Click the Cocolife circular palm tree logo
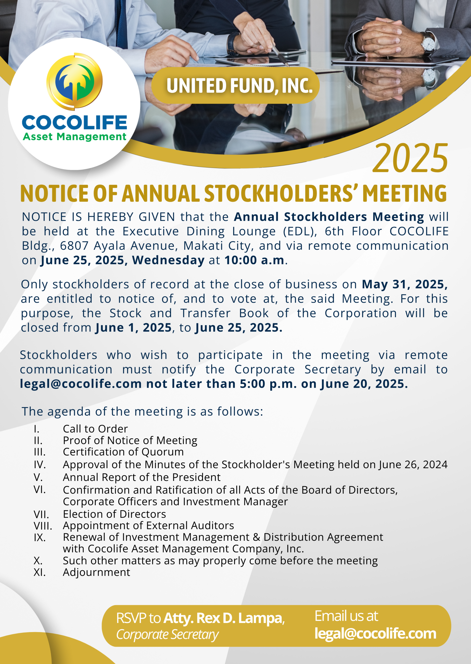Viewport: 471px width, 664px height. pos(74,81)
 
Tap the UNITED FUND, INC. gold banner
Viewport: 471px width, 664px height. pos(235,86)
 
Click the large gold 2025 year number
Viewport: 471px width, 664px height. pos(410,158)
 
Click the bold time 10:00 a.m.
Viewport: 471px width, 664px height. pos(254,260)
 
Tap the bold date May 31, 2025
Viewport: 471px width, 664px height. pos(405,284)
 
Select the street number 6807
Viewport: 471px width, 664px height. pos(74,246)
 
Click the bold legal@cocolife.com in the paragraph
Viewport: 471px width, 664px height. pos(81,384)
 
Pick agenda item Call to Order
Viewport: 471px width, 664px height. pos(95,428)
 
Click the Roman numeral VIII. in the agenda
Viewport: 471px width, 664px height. pos(43,525)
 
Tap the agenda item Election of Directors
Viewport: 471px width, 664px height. pos(114,514)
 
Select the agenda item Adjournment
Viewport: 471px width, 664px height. pos(96,572)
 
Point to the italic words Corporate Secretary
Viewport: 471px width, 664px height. pos(167,634)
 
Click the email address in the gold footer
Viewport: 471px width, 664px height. pos(375,634)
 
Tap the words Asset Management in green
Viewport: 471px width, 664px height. pos(74,136)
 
